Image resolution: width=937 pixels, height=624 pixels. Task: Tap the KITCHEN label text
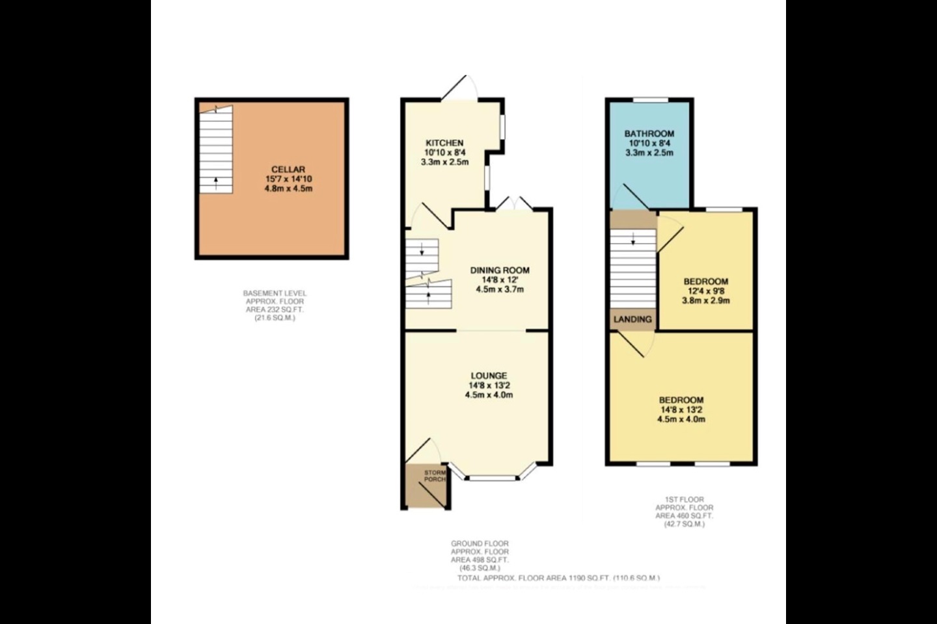point(444,143)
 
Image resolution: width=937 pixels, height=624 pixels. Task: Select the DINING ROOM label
point(500,270)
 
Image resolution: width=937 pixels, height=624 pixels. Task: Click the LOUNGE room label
point(489,376)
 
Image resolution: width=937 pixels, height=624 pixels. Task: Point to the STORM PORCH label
point(435,476)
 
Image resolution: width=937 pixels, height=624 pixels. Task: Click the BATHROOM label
point(649,134)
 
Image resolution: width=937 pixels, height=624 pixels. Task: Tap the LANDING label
point(633,319)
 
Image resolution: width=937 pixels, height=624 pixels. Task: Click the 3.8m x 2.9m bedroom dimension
point(705,300)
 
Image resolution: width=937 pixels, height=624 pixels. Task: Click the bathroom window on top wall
point(651,99)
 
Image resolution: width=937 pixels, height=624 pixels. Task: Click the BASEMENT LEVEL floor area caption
point(275,305)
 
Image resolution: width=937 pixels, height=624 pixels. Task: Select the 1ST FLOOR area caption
point(684,512)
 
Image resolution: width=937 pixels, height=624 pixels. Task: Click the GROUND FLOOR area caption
point(480,556)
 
